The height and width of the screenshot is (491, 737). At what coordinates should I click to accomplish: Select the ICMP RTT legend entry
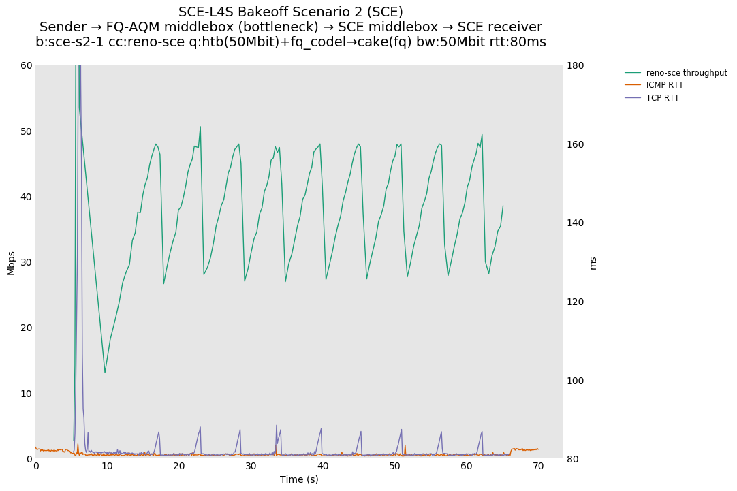tap(665, 85)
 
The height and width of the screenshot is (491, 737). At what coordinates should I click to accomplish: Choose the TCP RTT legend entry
tap(663, 98)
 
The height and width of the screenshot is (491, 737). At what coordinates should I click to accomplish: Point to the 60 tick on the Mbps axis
tap(27, 65)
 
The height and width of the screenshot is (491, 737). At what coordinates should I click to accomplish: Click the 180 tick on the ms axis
tap(576, 65)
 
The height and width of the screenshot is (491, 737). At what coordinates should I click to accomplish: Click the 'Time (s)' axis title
tap(299, 479)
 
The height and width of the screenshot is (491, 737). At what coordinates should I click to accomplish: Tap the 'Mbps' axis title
tap(11, 262)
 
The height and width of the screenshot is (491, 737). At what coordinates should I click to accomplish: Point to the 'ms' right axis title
tap(593, 262)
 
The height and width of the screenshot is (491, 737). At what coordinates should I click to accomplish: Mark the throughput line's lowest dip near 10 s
tap(105, 373)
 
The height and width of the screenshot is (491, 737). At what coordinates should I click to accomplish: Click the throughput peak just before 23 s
tap(200, 127)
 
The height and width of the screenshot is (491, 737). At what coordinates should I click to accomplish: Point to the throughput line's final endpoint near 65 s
tap(503, 206)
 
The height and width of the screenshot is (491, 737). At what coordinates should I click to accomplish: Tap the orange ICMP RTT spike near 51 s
tap(405, 445)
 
